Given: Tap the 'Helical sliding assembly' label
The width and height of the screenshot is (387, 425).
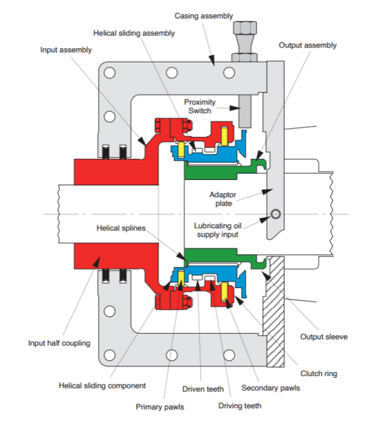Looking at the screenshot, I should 134,33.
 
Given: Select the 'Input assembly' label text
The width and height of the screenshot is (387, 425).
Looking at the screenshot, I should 66,50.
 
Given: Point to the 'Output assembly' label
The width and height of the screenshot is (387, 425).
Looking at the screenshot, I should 307,46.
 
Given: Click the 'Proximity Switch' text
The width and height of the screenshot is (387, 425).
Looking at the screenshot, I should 200,106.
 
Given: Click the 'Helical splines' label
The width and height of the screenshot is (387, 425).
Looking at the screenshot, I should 122,228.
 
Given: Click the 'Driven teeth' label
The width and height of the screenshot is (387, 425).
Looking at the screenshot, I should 201,388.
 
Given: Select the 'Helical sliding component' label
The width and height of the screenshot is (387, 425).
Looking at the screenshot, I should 102,386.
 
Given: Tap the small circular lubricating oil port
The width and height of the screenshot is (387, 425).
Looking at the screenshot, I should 276,214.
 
